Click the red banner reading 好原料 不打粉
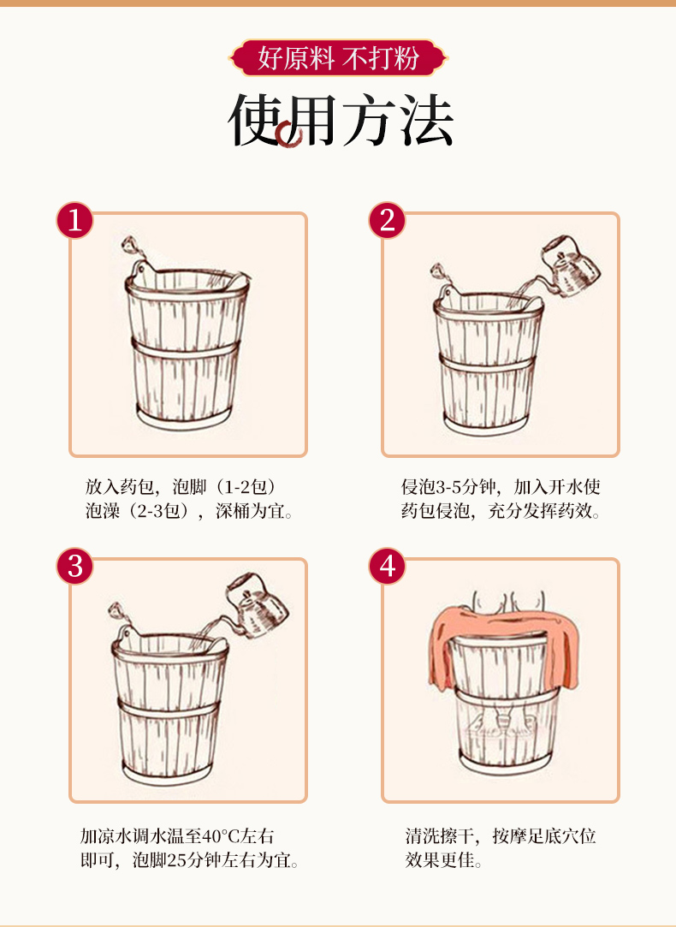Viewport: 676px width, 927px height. pos(338,58)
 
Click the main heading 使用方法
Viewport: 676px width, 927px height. pos(341,120)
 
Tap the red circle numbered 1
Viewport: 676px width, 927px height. pos(75,221)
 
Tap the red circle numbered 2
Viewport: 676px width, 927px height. pos(387,221)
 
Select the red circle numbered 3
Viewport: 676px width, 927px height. pos(75,567)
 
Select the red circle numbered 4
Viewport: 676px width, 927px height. pos(387,567)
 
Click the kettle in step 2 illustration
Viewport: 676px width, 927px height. pos(568,265)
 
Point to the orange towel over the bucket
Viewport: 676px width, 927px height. pos(505,645)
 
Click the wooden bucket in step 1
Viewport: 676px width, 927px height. pos(187,349)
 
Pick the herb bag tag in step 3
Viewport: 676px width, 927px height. pos(116,610)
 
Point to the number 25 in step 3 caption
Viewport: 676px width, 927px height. pos(176,859)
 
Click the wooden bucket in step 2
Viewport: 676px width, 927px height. pos(489,360)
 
